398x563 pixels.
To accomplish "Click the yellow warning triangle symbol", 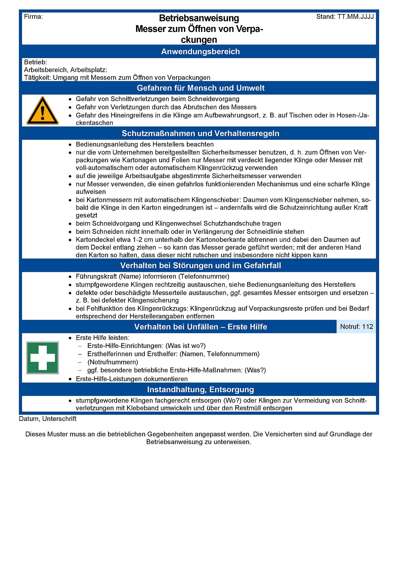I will point(42,111).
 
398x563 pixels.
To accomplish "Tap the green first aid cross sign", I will point(42,358).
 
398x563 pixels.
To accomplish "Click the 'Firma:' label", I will point(33,17).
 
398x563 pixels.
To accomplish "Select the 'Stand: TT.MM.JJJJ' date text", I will point(345,17).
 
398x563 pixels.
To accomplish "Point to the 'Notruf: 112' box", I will point(356,327).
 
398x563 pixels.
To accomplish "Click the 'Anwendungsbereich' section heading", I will point(200,52).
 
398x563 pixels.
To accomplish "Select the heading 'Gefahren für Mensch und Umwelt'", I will point(200,88).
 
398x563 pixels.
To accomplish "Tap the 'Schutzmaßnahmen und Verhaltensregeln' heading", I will point(200,133).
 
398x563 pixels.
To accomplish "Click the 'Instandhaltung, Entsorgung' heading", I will point(200,390).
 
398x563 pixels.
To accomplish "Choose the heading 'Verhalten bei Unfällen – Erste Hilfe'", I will point(200,327).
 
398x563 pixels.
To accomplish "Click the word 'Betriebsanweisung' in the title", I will point(199,18).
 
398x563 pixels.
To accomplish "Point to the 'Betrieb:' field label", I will point(35,62).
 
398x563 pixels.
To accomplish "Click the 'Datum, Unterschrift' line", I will point(48,419).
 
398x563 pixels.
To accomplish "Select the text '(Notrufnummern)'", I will point(113,362).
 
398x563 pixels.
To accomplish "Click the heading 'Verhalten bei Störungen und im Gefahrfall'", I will point(200,266).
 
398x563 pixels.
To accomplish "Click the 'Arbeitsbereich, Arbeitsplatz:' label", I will point(66,70).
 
